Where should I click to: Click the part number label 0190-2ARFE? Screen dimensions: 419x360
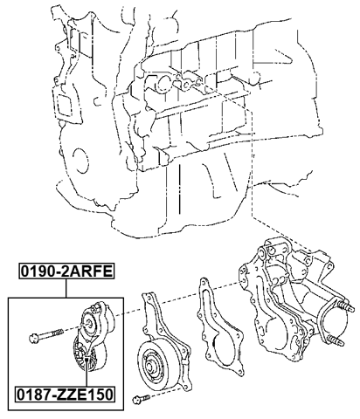point(67,271)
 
